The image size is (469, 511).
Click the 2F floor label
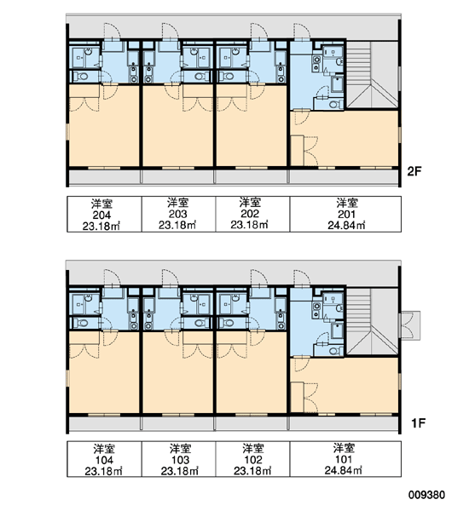pyautogui.click(x=414, y=171)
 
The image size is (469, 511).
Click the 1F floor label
pyautogui.click(x=418, y=423)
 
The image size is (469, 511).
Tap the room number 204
pyautogui.click(x=101, y=215)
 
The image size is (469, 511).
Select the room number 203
pyautogui.click(x=178, y=214)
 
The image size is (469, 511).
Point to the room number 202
pyautogui.click(x=250, y=214)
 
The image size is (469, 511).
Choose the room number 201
pyautogui.click(x=346, y=214)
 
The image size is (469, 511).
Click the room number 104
pyautogui.click(x=104, y=460)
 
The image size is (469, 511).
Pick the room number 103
pyautogui.click(x=180, y=460)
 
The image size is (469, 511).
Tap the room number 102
pyautogui.click(x=253, y=460)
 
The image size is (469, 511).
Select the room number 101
pyautogui.click(x=344, y=459)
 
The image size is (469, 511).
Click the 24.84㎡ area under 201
pyautogui.click(x=346, y=225)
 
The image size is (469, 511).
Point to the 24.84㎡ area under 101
pyautogui.click(x=343, y=470)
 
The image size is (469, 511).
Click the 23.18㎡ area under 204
pyautogui.click(x=101, y=226)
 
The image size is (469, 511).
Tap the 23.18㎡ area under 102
pyautogui.click(x=252, y=471)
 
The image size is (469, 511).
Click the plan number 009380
pyautogui.click(x=426, y=495)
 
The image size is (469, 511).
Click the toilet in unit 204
pyautogui.click(x=81, y=77)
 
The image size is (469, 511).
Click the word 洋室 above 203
pyautogui.click(x=178, y=203)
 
